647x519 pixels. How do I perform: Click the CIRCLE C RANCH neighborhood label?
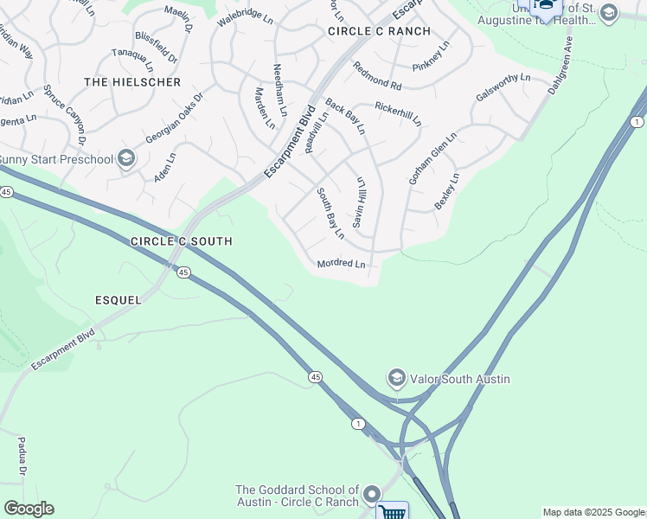(x=379, y=31)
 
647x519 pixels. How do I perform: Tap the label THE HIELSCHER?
(x=132, y=82)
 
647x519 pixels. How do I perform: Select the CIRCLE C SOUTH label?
(x=181, y=241)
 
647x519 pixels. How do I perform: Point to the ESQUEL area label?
(x=118, y=300)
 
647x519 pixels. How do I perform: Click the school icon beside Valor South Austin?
(x=397, y=378)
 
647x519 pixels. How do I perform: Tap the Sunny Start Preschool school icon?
(x=126, y=158)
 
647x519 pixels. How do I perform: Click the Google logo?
(x=29, y=509)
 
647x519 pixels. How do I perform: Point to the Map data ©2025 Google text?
(x=593, y=512)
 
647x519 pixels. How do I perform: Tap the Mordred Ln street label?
(x=341, y=263)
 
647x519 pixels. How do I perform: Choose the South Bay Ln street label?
(x=330, y=213)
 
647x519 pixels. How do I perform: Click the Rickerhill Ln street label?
(x=397, y=113)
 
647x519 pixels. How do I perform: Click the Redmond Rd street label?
(x=377, y=76)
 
